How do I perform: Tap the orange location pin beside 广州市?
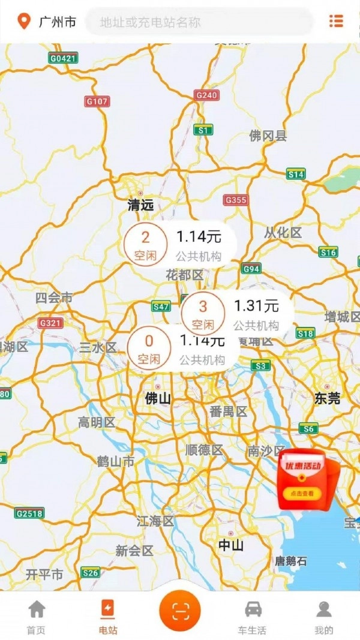[x=24, y=22]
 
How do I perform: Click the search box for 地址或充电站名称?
[x=200, y=22]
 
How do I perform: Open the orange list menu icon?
[x=336, y=21]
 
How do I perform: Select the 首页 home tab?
[x=37, y=617]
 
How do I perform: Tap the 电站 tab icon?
[x=109, y=609]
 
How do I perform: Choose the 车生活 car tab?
[x=253, y=617]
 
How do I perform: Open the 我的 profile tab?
[x=323, y=617]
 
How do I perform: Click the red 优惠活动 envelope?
[x=308, y=480]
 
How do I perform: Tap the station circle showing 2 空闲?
[x=146, y=245]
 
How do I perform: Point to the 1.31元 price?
[x=256, y=306]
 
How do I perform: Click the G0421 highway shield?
[x=64, y=58]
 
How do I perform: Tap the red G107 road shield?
[x=97, y=101]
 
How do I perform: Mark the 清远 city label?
[x=141, y=205]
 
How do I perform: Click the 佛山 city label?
[x=158, y=398]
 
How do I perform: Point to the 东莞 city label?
[x=328, y=398]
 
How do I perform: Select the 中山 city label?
[x=230, y=545]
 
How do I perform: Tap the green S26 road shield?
[x=91, y=573]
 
